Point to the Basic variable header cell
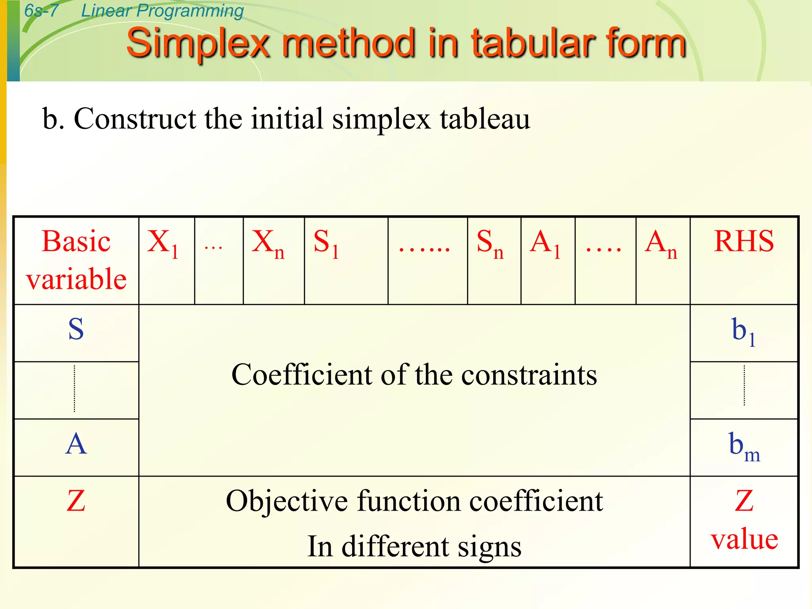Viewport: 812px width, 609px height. (x=76, y=260)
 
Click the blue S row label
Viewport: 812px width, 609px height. (x=76, y=329)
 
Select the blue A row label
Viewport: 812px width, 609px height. (x=76, y=444)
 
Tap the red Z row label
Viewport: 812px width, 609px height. (x=76, y=501)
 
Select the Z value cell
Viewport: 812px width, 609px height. (x=744, y=519)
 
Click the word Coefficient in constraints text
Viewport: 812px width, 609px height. (x=301, y=375)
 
